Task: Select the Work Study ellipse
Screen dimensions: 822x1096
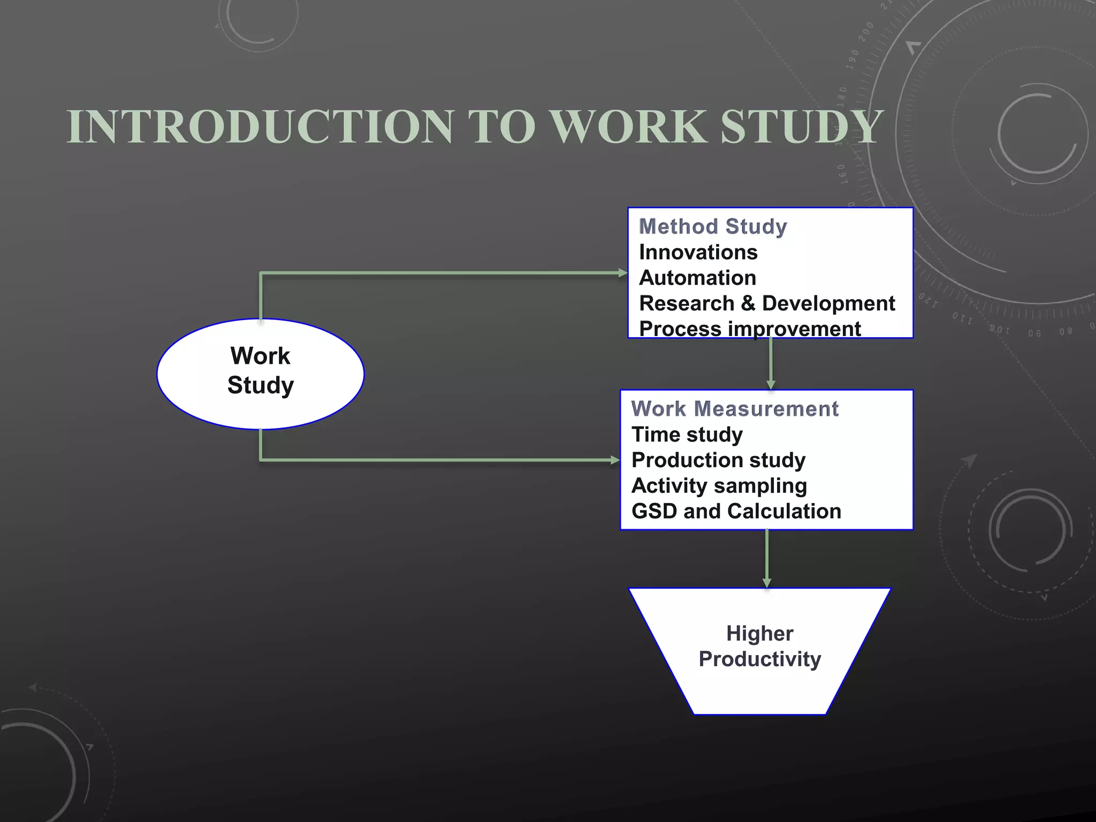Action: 261,374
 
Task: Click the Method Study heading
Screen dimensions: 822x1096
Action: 713,226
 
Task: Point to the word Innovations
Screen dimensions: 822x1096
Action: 698,252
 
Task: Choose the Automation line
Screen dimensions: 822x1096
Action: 698,278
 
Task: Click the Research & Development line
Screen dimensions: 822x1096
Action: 767,303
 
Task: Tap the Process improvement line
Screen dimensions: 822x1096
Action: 750,329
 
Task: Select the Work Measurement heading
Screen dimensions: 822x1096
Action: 735,409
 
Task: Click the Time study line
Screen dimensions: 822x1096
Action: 687,435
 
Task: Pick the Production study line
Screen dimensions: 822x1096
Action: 718,460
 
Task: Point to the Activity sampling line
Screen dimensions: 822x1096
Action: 719,486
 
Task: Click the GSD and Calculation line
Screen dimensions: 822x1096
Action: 736,511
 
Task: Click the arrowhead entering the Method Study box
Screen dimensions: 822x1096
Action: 622,273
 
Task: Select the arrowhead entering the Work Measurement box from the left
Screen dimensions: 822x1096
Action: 615,460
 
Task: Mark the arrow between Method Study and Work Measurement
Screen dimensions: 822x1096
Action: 771,364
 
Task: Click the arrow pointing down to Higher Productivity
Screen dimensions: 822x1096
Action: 767,559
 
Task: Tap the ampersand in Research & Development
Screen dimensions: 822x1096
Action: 748,303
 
